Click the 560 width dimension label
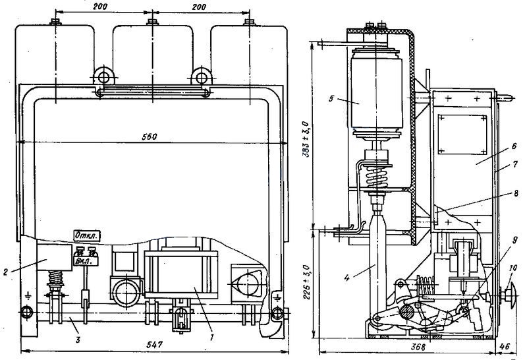150,137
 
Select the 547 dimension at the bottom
155,345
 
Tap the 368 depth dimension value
418,347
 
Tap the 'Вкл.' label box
86,260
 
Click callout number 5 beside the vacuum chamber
331,99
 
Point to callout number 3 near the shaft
78,340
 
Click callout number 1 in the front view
211,338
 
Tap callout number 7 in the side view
515,165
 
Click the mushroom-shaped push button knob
510,296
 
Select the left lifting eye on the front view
103,77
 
